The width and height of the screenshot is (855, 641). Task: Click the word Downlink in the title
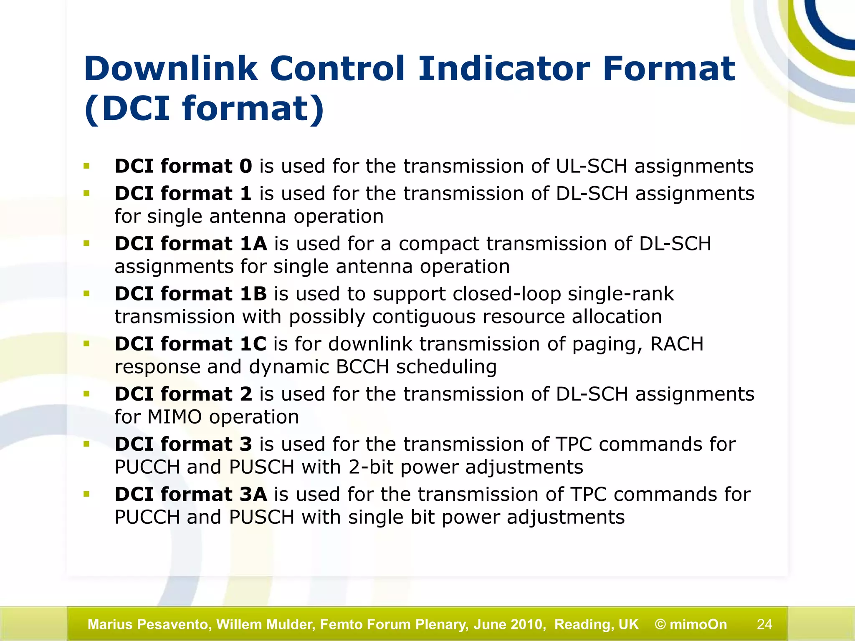[x=170, y=69]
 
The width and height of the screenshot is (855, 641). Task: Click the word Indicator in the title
[x=504, y=69]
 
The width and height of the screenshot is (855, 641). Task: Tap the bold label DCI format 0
[x=183, y=166]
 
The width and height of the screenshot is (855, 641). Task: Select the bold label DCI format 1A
[x=191, y=244]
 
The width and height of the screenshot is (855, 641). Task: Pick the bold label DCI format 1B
[x=191, y=294]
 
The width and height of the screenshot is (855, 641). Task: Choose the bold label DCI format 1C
[x=190, y=344]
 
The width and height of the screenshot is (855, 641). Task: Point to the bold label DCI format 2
[x=183, y=394]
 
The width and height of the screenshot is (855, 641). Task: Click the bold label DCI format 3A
[x=191, y=494]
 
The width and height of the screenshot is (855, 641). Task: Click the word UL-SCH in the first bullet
[x=592, y=166]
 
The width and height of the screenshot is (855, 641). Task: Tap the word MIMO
[x=175, y=417]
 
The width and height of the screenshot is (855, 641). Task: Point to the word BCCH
[x=362, y=367]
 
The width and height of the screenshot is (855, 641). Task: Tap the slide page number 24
[x=764, y=624]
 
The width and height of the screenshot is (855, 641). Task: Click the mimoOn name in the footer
[x=698, y=624]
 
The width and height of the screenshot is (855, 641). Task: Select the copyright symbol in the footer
[x=660, y=624]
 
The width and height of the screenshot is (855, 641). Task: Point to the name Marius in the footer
[x=109, y=624]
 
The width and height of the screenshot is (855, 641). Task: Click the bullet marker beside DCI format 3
[x=86, y=444]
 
